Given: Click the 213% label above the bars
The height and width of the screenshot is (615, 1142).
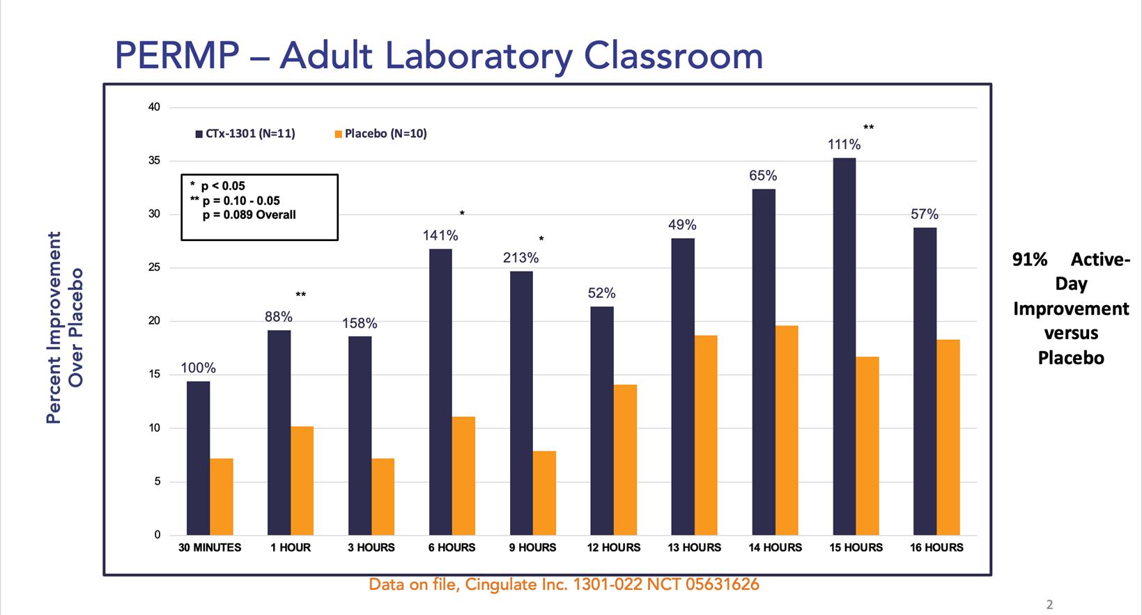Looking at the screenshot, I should click(521, 258).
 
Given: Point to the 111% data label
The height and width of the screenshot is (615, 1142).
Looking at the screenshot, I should click(844, 145).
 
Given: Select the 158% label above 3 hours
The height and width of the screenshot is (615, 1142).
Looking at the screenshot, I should click(360, 323).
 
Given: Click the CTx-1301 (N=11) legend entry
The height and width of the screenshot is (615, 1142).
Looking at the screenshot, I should click(245, 134).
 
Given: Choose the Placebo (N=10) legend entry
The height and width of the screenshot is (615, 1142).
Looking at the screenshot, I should click(381, 134).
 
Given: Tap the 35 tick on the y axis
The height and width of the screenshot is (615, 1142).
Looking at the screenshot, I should click(154, 161).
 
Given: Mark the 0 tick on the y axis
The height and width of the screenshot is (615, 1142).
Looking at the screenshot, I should click(157, 535).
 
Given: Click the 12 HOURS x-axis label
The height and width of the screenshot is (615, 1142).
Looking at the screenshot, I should click(613, 547).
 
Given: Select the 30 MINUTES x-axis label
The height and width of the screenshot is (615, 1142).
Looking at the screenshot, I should click(210, 547).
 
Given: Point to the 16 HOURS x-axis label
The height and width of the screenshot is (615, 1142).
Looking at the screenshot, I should click(936, 547).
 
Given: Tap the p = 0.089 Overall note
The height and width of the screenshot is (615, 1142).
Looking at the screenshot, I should click(249, 215).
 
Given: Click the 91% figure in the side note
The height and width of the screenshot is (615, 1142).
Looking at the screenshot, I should click(1030, 260).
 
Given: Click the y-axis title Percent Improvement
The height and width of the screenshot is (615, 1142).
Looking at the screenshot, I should click(54, 327).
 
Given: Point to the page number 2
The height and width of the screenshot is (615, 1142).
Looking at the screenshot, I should click(1050, 605).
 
